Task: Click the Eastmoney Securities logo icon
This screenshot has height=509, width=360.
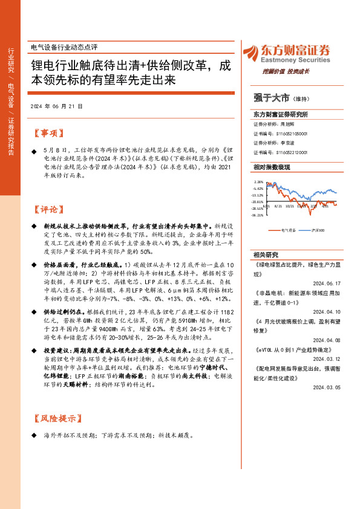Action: coord(252,52)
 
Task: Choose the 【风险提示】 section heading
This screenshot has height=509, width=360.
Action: coord(55,419)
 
